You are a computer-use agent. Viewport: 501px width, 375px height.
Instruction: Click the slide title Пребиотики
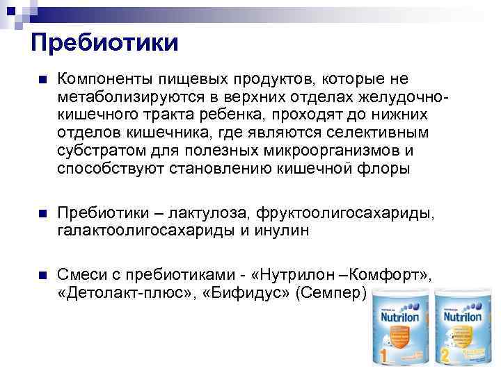tap(104, 44)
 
